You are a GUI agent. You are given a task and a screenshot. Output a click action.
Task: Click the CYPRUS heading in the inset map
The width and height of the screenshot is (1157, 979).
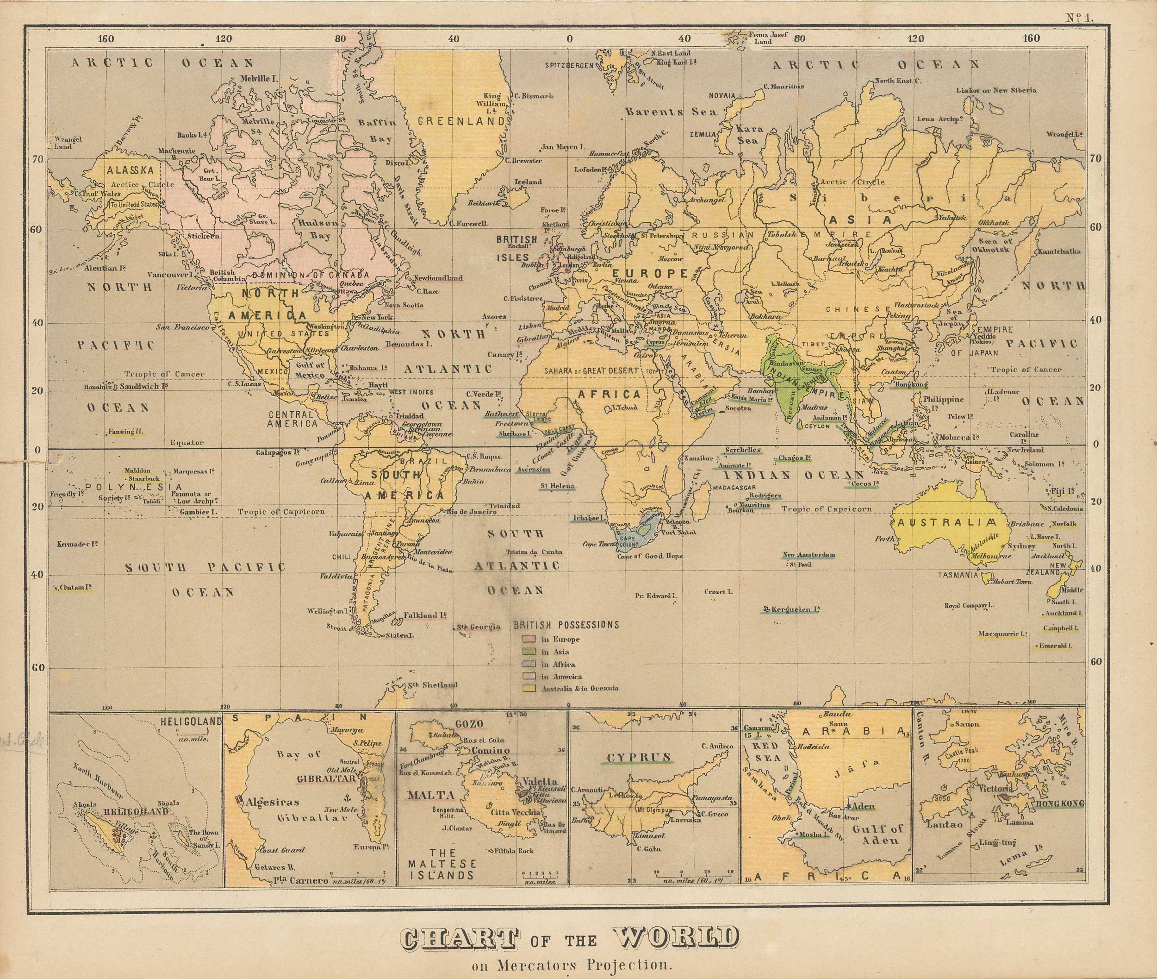coord(638,757)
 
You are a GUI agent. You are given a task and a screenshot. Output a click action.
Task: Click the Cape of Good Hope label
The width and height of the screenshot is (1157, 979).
coord(650,556)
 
